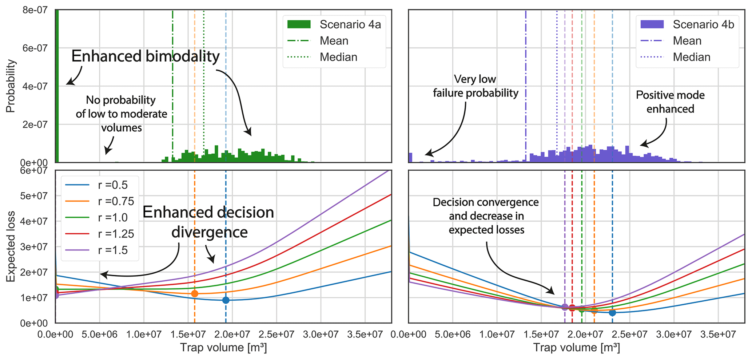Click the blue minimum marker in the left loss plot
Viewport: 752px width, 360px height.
point(226,300)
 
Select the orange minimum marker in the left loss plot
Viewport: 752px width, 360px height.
point(195,293)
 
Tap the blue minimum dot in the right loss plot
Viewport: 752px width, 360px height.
point(612,313)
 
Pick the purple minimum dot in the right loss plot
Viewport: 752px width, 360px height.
point(565,307)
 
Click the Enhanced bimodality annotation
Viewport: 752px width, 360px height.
point(146,56)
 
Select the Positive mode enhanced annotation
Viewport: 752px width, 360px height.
point(670,102)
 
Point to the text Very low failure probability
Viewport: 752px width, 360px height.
point(475,86)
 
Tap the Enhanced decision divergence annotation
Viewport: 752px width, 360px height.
point(208,222)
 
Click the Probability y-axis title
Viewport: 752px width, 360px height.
point(11,86)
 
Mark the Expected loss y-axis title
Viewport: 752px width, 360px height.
point(11,246)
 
